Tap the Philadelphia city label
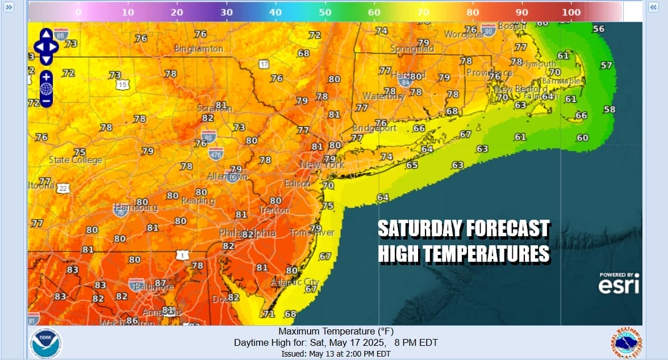tap(248, 233)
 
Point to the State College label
tap(76, 160)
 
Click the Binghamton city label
tap(199, 49)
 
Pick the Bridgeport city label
tap(375, 128)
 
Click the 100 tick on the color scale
tap(572, 12)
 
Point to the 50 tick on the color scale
tap(325, 12)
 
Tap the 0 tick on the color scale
tap(78, 12)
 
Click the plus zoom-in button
tap(46, 76)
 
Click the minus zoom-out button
tap(46, 101)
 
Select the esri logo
tap(619, 284)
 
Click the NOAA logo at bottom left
tap(45, 342)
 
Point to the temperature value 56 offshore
tap(599, 29)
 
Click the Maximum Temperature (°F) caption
tap(336, 332)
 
